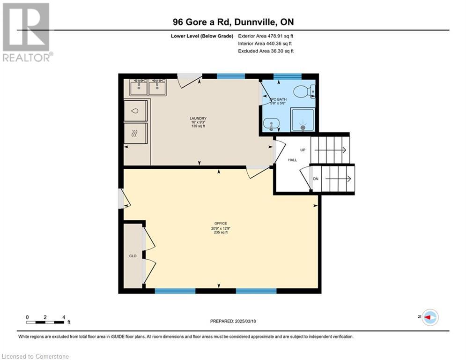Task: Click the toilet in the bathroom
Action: (x=304, y=91)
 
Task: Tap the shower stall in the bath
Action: (x=303, y=120)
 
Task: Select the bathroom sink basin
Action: (x=271, y=123)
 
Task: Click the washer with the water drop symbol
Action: (x=135, y=111)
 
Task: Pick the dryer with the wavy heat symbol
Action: (x=135, y=134)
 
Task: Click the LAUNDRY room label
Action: (x=198, y=119)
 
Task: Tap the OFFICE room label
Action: (x=221, y=224)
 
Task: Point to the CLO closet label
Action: (x=133, y=256)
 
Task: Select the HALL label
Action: (x=292, y=160)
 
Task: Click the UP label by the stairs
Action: (x=303, y=150)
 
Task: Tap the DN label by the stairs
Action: (x=316, y=179)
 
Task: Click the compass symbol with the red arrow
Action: (x=430, y=317)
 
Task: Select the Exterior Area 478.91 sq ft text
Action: (x=266, y=36)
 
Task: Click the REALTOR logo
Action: (x=27, y=32)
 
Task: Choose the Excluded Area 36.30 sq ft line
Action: (x=266, y=51)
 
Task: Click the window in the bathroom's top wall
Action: (x=288, y=76)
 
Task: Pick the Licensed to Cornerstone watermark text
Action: (x=35, y=356)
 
